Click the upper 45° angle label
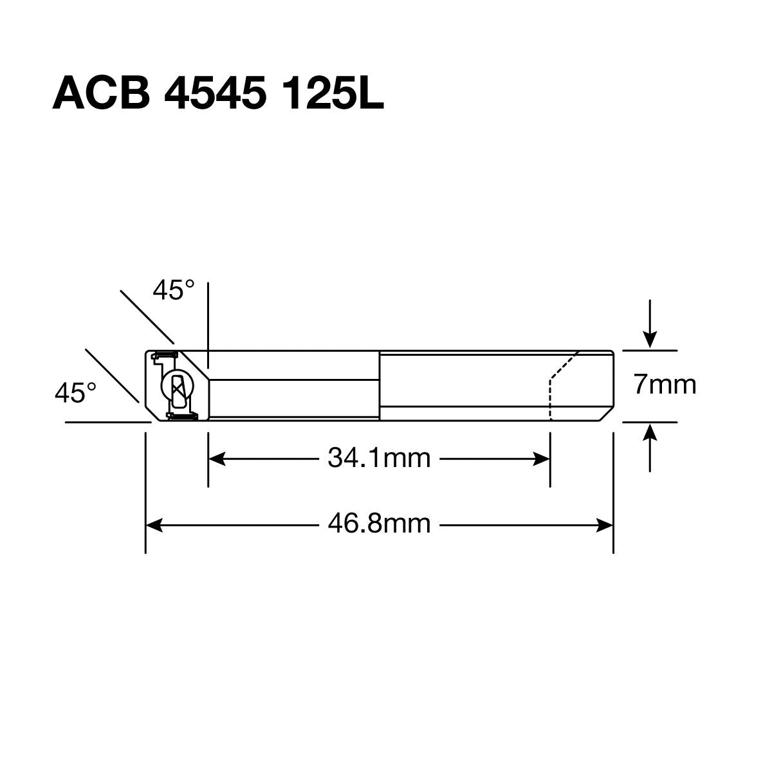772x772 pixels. [173, 291]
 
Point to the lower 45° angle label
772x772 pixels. [75, 392]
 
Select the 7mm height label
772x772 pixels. [665, 385]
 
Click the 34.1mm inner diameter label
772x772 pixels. [379, 459]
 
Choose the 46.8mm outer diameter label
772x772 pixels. [379, 524]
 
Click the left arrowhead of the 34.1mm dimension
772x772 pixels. [216, 459]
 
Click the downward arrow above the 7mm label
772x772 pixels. [651, 338]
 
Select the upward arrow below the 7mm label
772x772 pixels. [651, 434]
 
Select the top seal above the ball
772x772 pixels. [165, 354]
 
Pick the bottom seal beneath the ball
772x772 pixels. [181, 418]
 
